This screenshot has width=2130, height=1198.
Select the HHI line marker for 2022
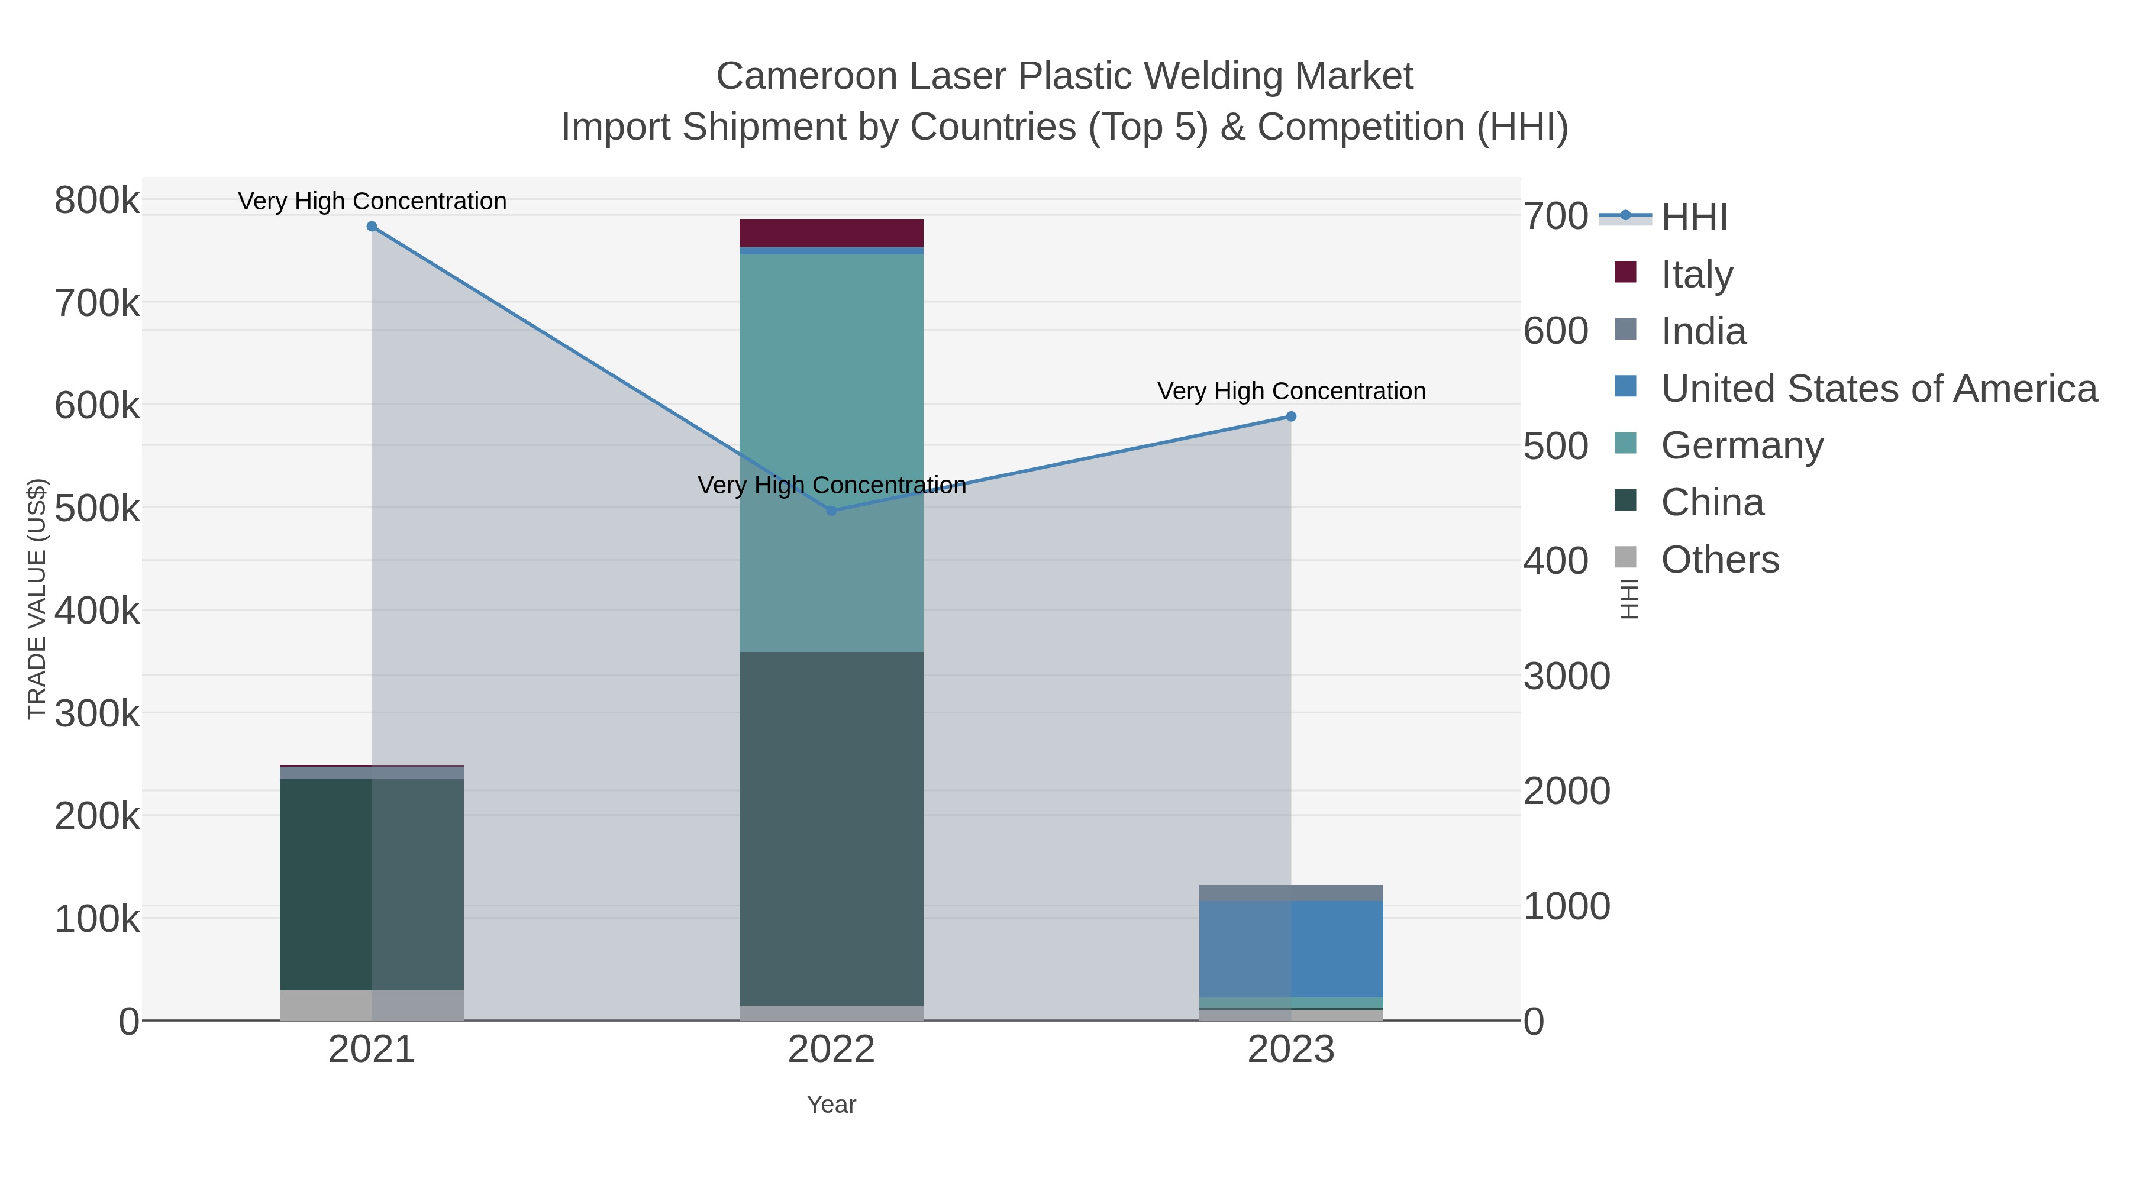pos(832,511)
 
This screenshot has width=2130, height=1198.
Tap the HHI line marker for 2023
pos(1291,416)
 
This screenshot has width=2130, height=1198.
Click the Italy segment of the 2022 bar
pos(831,233)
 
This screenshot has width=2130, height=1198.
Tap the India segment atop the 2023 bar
pos(1291,893)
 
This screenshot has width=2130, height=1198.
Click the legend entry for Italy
pos(1697,274)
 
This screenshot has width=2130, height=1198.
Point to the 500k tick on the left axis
pos(97,508)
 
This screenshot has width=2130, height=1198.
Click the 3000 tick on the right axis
pos(1566,676)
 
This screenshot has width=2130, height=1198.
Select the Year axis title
pos(831,1105)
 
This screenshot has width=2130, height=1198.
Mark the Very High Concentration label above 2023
pos(1291,391)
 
